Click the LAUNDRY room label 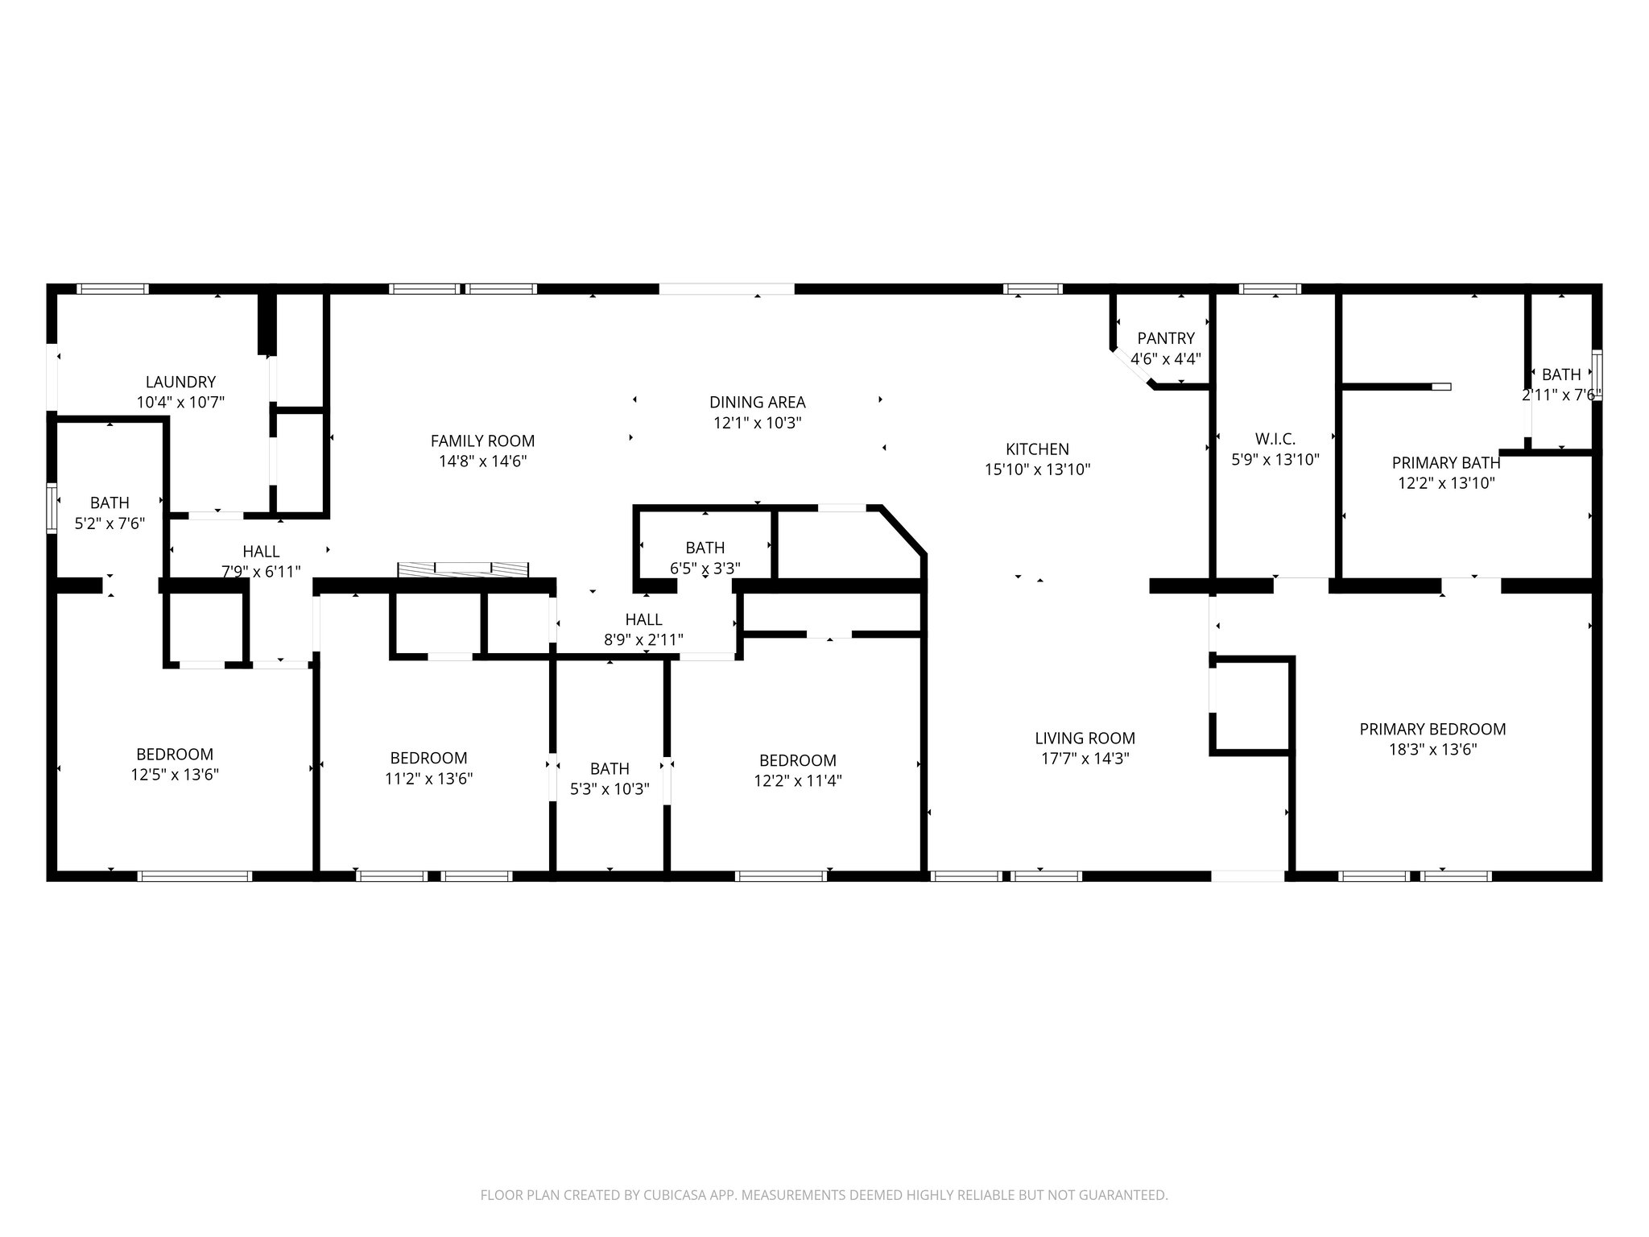[x=180, y=382]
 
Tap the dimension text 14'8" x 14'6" [x=482, y=461]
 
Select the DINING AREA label [x=757, y=402]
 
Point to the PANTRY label [x=1166, y=338]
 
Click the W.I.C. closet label [x=1275, y=439]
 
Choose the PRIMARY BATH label [x=1446, y=463]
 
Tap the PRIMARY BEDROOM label [x=1432, y=729]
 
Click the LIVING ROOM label [x=1085, y=738]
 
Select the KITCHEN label [x=1037, y=449]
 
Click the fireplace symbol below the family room [x=464, y=569]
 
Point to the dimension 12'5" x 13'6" [x=175, y=775]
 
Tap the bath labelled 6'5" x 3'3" [x=705, y=548]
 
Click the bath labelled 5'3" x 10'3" [x=610, y=768]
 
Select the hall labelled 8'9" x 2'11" [x=643, y=619]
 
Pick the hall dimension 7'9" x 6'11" [x=261, y=572]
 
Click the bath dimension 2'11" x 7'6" [x=1560, y=395]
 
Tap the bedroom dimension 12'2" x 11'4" [x=797, y=780]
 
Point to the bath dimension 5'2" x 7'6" [x=110, y=523]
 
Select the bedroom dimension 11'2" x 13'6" [x=428, y=779]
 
